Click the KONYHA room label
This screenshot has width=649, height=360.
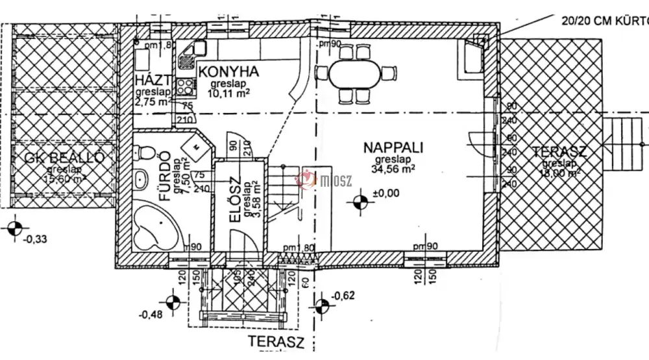tap(228, 71)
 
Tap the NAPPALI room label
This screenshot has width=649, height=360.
tap(393, 147)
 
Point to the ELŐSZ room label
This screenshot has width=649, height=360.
tap(235, 201)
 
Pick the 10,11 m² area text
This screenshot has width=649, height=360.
tap(228, 93)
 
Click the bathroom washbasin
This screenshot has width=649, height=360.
tap(140, 181)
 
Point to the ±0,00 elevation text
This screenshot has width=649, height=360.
tap(387, 193)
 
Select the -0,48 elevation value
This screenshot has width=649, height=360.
tap(152, 315)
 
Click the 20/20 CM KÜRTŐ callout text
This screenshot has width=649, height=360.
tap(604, 20)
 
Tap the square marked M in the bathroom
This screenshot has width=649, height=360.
tap(195, 147)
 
